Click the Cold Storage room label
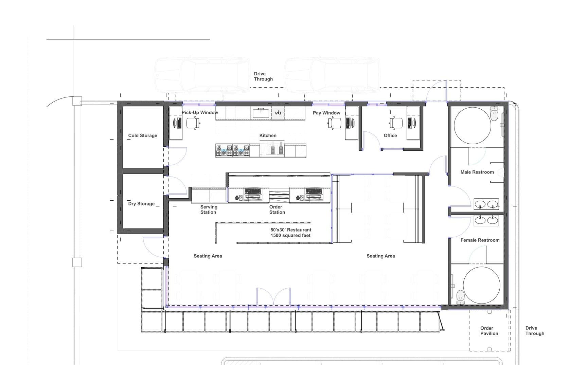point(143,135)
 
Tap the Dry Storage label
point(141,204)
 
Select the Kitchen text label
point(268,135)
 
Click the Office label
point(390,135)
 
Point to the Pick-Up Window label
point(200,112)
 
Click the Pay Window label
point(326,113)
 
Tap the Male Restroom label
point(477,172)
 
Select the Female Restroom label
point(480,240)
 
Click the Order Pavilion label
point(489,331)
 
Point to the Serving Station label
point(209,209)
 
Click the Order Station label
point(277,209)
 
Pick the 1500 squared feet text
point(290,235)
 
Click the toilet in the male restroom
point(494,113)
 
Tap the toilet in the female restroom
point(461,297)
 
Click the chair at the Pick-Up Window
point(192,123)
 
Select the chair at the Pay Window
point(335,123)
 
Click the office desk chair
point(396,123)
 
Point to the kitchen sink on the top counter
point(261,113)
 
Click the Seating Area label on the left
point(208,256)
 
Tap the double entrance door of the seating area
point(273,296)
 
